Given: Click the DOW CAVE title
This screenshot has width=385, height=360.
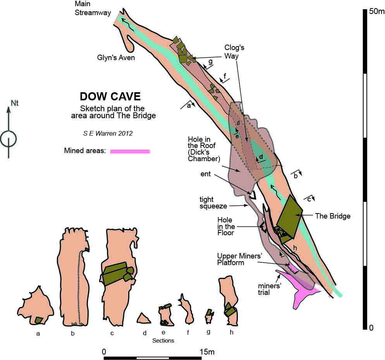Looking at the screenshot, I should [110, 96].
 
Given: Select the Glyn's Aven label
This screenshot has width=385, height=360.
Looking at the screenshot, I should [116, 58].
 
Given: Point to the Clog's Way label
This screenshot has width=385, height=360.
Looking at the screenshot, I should [234, 52].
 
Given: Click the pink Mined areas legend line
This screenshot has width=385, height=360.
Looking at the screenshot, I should [130, 151].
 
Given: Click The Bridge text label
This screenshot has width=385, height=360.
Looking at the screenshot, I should [333, 216].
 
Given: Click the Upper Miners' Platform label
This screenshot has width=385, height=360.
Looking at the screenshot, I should [236, 259].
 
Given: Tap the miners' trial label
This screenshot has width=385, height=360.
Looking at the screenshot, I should [270, 289].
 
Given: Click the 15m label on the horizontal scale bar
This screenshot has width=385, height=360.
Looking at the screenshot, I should [206, 352].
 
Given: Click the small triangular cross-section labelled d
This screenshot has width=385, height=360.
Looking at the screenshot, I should [143, 319].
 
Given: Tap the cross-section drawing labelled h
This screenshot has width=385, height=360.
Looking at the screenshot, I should [229, 302].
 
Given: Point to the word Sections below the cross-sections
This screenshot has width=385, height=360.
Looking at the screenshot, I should [163, 341].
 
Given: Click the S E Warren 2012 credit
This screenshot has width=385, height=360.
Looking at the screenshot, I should [108, 133].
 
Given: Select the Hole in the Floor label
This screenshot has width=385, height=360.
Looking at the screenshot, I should [226, 226].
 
